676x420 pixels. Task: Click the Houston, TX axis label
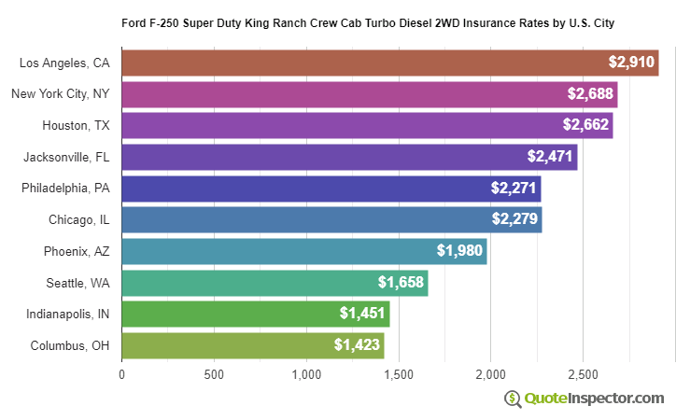pos(76,125)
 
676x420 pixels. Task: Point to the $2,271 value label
pos(514,188)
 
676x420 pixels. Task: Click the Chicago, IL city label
pos(79,219)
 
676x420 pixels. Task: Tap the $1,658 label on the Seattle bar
pos(401,282)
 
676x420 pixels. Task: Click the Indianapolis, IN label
pos(68,314)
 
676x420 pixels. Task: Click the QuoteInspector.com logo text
pos(594,399)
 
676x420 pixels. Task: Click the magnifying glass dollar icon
pos(512,399)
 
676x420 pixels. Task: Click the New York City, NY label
pos(60,94)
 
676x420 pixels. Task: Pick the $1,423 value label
pos(357,345)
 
